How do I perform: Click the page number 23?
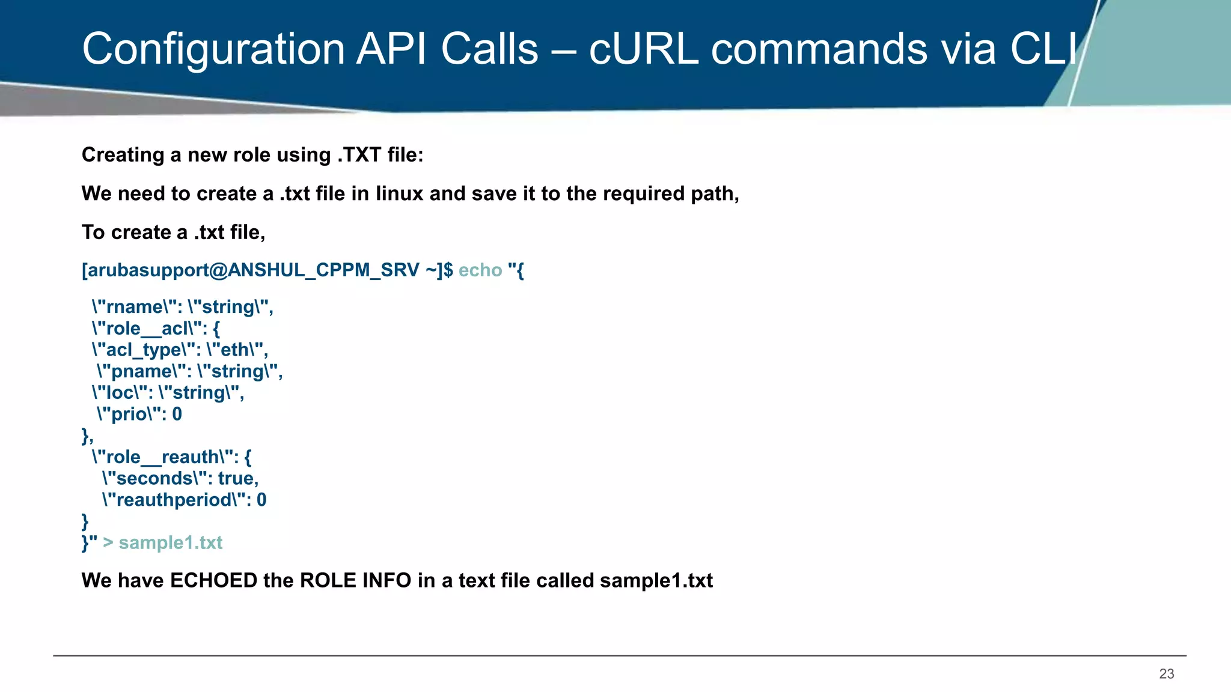click(x=1166, y=674)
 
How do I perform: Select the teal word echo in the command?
click(x=480, y=270)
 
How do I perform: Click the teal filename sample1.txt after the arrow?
click(x=171, y=542)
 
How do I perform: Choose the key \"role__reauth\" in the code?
click(x=163, y=457)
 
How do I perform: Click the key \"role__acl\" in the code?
click(x=147, y=329)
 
